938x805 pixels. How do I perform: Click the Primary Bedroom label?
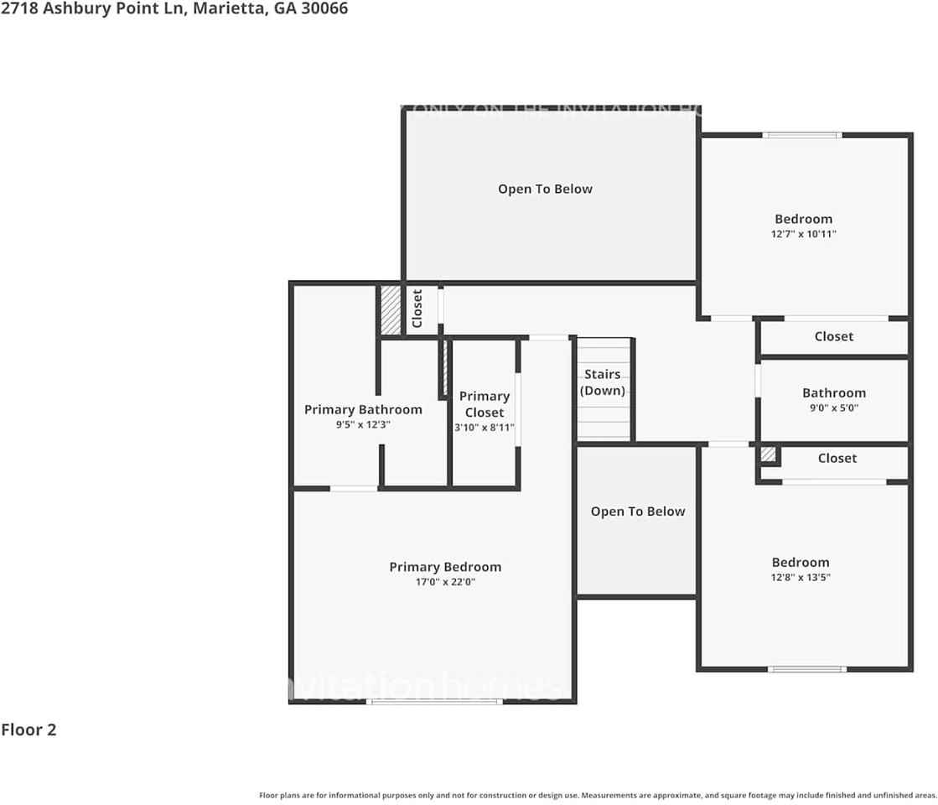pyautogui.click(x=445, y=567)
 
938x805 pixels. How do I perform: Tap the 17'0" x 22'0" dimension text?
pyautogui.click(x=445, y=582)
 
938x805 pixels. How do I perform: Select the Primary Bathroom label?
pyautogui.click(x=363, y=409)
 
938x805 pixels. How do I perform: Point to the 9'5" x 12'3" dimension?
pyautogui.click(x=363, y=424)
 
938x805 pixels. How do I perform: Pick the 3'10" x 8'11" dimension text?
pyautogui.click(x=485, y=428)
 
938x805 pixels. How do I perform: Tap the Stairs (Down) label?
pyautogui.click(x=603, y=382)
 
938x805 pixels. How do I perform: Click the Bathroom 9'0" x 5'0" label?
pyautogui.click(x=834, y=392)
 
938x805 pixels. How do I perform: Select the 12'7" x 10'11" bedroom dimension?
pyautogui.click(x=803, y=234)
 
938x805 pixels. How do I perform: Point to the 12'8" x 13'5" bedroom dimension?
pyautogui.click(x=801, y=577)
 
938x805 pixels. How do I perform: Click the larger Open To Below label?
pyautogui.click(x=545, y=189)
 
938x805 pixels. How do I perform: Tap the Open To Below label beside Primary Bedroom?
pyautogui.click(x=637, y=512)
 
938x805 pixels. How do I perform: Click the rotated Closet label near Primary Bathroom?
pyautogui.click(x=417, y=309)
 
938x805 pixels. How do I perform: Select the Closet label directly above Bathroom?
pyautogui.click(x=834, y=336)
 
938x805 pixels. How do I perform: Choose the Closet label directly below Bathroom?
pyautogui.click(x=837, y=458)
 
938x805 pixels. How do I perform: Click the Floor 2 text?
pyautogui.click(x=29, y=730)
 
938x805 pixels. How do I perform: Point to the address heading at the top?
pyautogui.click(x=174, y=8)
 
